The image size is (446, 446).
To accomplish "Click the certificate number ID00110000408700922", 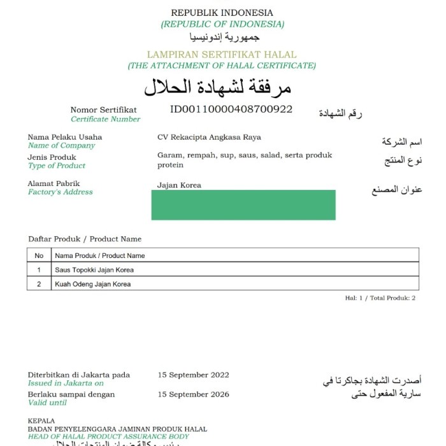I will pyautogui.click(x=231, y=109).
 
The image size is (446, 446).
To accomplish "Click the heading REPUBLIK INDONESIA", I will pyautogui.click(x=222, y=13).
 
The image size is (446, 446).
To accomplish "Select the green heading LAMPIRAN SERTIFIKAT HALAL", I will pyautogui.click(x=221, y=55).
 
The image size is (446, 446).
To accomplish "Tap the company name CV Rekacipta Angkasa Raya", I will pyautogui.click(x=209, y=137).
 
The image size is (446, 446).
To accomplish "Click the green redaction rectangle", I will pyautogui.click(x=243, y=205).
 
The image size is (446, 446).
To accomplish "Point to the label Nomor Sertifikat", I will pyautogui.click(x=103, y=110).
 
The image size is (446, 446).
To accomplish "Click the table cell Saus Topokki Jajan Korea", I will pyautogui.click(x=94, y=270).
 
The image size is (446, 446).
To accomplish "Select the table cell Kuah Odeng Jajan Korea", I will pyautogui.click(x=93, y=284).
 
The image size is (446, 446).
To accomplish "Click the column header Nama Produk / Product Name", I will pyautogui.click(x=100, y=255).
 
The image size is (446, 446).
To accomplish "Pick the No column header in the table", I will pyautogui.click(x=39, y=255).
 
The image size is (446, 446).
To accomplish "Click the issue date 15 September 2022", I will pyautogui.click(x=193, y=375).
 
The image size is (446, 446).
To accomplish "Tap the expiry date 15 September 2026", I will pyautogui.click(x=193, y=394).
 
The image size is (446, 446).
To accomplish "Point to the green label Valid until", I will pyautogui.click(x=47, y=403).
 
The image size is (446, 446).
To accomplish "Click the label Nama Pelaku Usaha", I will pyautogui.click(x=64, y=137).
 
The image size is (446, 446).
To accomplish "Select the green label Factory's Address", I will pyautogui.click(x=61, y=192).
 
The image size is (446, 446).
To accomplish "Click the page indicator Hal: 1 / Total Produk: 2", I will pyautogui.click(x=380, y=298).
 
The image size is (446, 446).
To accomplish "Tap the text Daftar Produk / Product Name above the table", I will pyautogui.click(x=85, y=239).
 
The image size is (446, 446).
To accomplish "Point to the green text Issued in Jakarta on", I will pyautogui.click(x=66, y=384).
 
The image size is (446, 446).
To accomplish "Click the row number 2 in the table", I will pyautogui.click(x=39, y=284).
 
